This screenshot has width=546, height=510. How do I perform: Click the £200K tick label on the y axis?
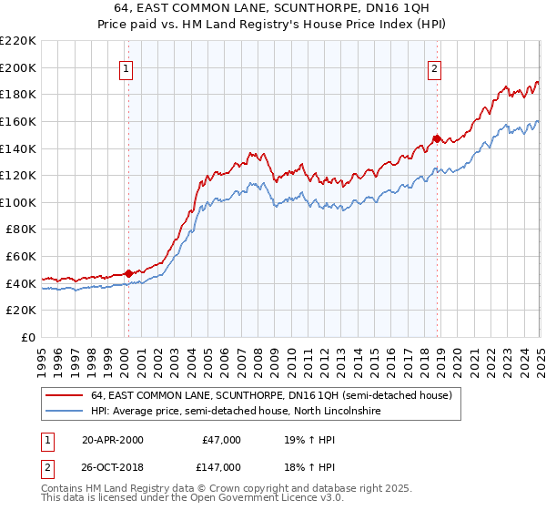(x=18, y=67)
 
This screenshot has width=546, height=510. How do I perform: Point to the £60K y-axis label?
(x=21, y=257)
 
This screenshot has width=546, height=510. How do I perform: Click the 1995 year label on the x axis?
(x=41, y=356)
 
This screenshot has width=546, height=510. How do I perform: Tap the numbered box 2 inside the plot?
(x=435, y=68)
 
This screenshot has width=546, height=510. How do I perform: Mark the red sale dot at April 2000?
(x=129, y=273)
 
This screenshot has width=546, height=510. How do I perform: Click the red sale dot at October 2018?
(x=438, y=138)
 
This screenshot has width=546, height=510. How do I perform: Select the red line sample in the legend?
(x=64, y=396)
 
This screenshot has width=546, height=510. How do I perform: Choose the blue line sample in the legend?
(x=64, y=412)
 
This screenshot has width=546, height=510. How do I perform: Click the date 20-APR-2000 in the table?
(x=113, y=440)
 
